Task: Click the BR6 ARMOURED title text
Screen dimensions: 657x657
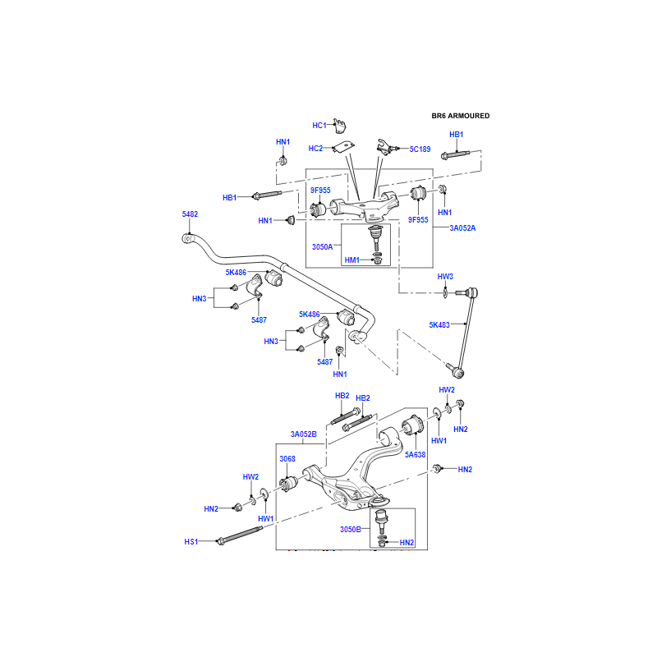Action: [x=460, y=116]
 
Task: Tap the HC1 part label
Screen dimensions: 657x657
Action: [x=319, y=126]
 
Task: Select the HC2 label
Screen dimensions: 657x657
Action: [x=315, y=149]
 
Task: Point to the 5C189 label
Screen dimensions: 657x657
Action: [x=420, y=149]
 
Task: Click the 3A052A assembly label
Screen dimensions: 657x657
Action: [x=462, y=227]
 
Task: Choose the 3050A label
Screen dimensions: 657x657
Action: [x=323, y=246]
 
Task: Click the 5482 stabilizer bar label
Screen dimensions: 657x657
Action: [x=190, y=214]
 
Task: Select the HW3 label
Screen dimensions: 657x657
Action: [x=445, y=277]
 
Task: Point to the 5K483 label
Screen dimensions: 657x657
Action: [x=440, y=324]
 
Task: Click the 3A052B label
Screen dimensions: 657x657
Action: [x=303, y=434]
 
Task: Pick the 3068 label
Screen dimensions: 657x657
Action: [x=287, y=458]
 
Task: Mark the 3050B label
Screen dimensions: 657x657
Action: [x=351, y=529]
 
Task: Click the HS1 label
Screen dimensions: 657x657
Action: [x=191, y=541]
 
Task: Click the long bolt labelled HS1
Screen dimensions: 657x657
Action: [x=239, y=536]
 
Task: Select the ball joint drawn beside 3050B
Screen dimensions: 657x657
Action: [x=381, y=520]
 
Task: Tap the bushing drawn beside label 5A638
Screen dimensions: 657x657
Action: [x=414, y=428]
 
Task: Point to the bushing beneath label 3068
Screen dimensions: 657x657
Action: [x=288, y=484]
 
